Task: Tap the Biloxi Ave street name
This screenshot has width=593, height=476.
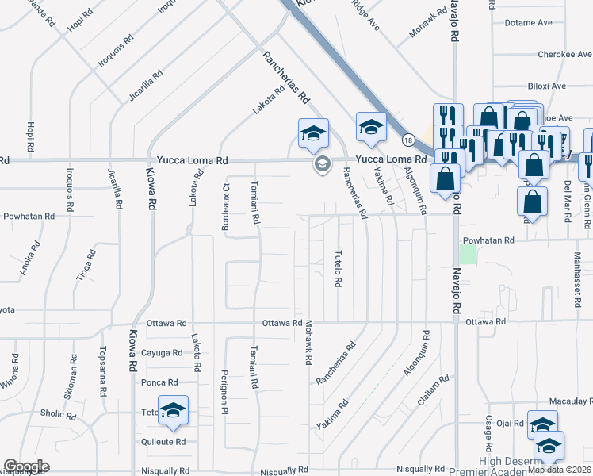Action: [x=546, y=86]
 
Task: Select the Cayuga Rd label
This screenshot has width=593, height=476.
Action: [x=162, y=353]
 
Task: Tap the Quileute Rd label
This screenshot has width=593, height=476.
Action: [x=164, y=442]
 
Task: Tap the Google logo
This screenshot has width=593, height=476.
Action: [x=26, y=466]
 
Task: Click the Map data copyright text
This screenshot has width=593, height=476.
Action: [x=559, y=470]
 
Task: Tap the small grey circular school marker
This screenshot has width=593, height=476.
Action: [x=322, y=165]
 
